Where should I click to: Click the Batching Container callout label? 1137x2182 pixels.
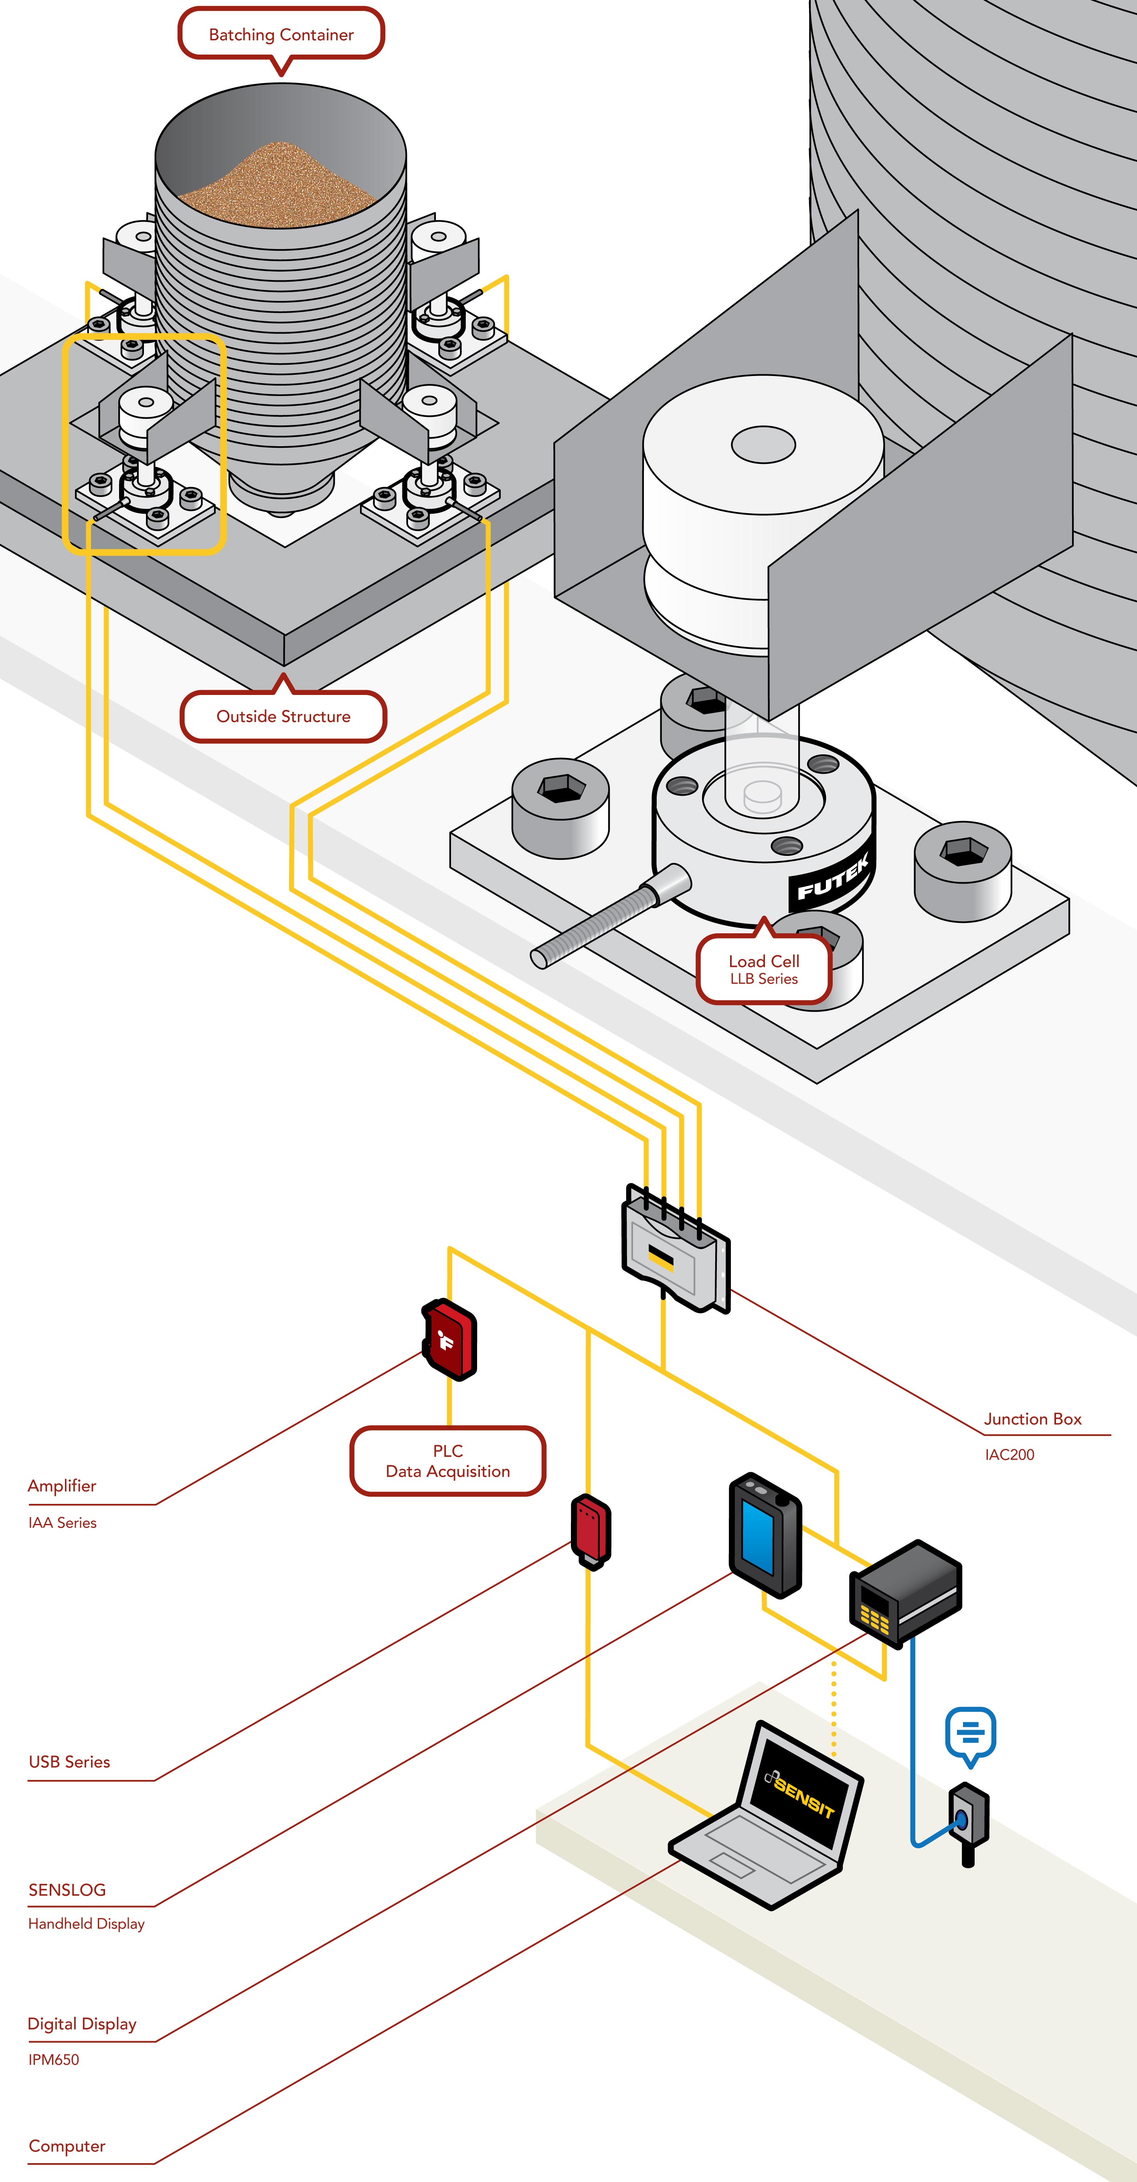[x=281, y=35]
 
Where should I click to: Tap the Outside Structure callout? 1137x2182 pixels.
[x=283, y=717]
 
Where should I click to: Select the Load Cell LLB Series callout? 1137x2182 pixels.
[x=764, y=969]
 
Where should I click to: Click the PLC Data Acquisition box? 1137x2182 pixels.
[x=448, y=1461]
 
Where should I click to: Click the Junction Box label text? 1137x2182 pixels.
[x=1032, y=1419]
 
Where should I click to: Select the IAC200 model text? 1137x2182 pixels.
[x=1009, y=1455]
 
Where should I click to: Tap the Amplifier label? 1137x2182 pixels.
[x=62, y=1486]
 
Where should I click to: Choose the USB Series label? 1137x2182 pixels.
[x=69, y=1762]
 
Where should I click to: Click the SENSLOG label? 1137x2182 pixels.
[x=67, y=1890]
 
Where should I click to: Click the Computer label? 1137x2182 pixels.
[x=67, y=2145]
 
